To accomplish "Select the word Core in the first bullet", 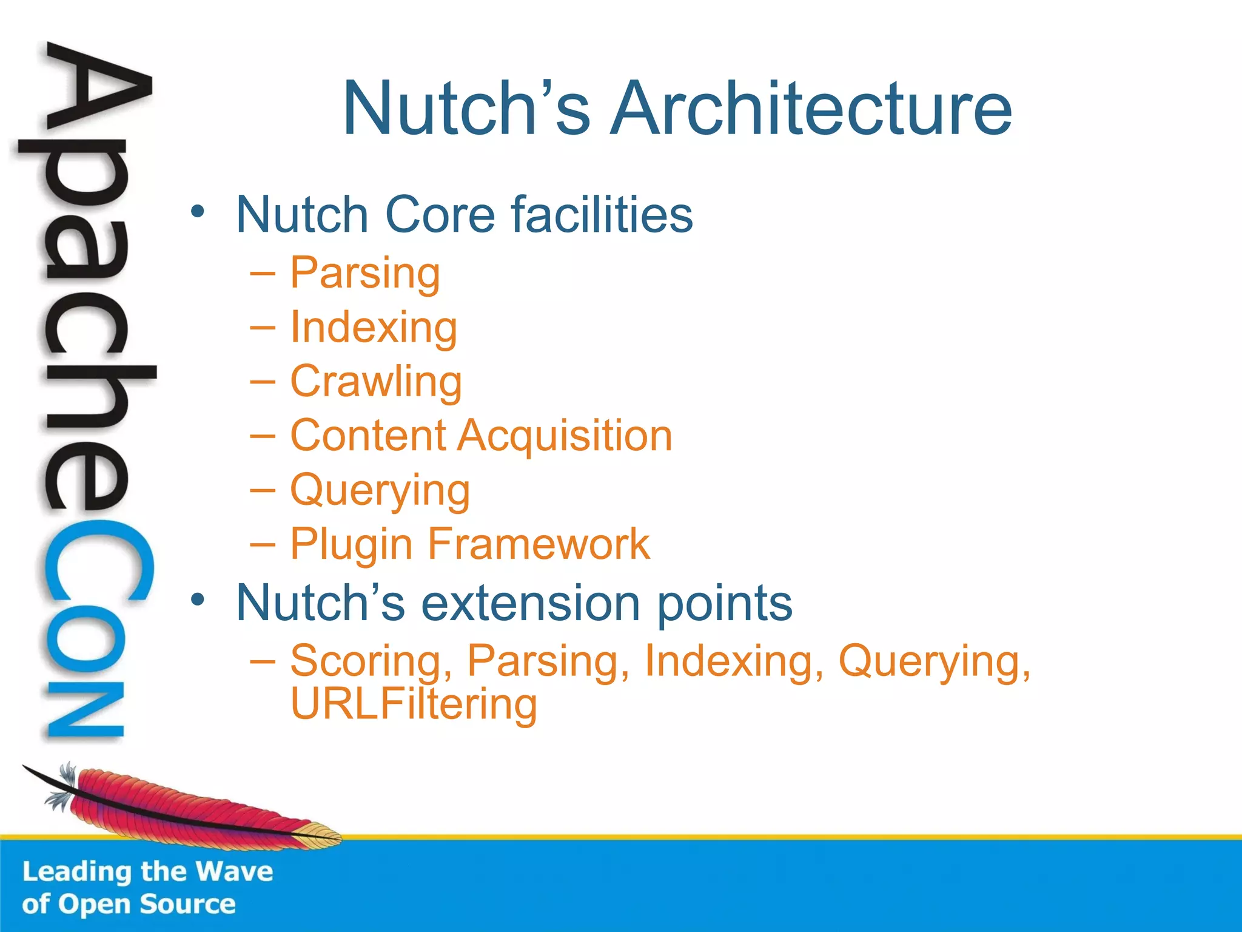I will pyautogui.click(x=440, y=215).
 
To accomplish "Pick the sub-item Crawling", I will pyautogui.click(x=376, y=382).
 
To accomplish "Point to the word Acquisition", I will pyautogui.click(x=565, y=436).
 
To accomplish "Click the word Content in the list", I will pyautogui.click(x=369, y=436).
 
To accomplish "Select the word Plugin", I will pyautogui.click(x=351, y=544).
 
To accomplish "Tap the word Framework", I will pyautogui.click(x=539, y=544).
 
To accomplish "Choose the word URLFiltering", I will pyautogui.click(x=414, y=704).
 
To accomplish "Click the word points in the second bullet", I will pyautogui.click(x=725, y=604).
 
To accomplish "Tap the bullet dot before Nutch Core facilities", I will pyautogui.click(x=198, y=212).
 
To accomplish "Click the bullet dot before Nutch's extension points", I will pyautogui.click(x=198, y=600).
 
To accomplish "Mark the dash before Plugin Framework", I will pyautogui.click(x=262, y=544).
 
